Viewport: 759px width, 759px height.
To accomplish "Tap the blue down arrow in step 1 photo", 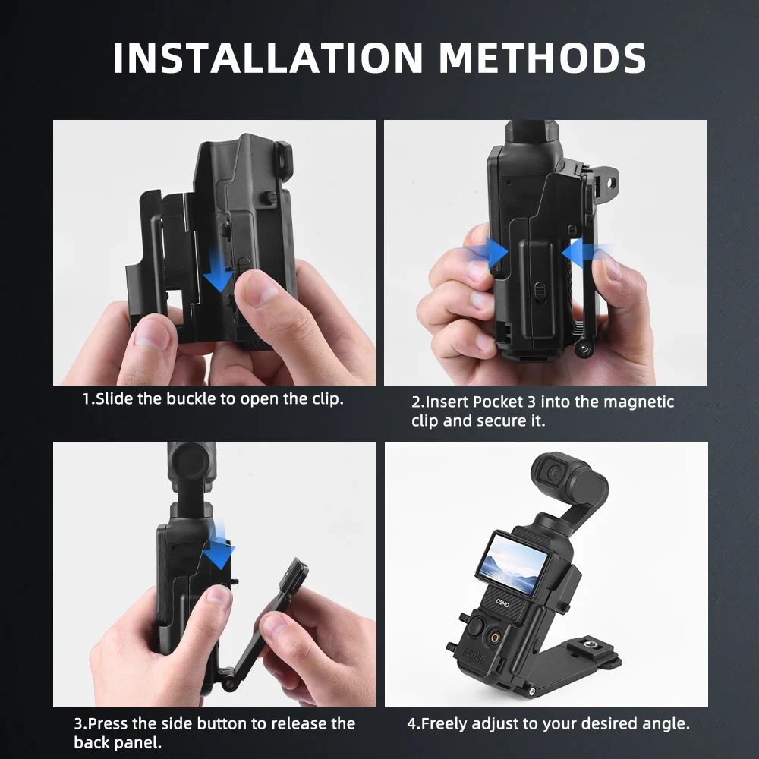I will coord(219,274).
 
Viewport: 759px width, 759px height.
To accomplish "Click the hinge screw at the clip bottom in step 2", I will coord(582,348).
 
